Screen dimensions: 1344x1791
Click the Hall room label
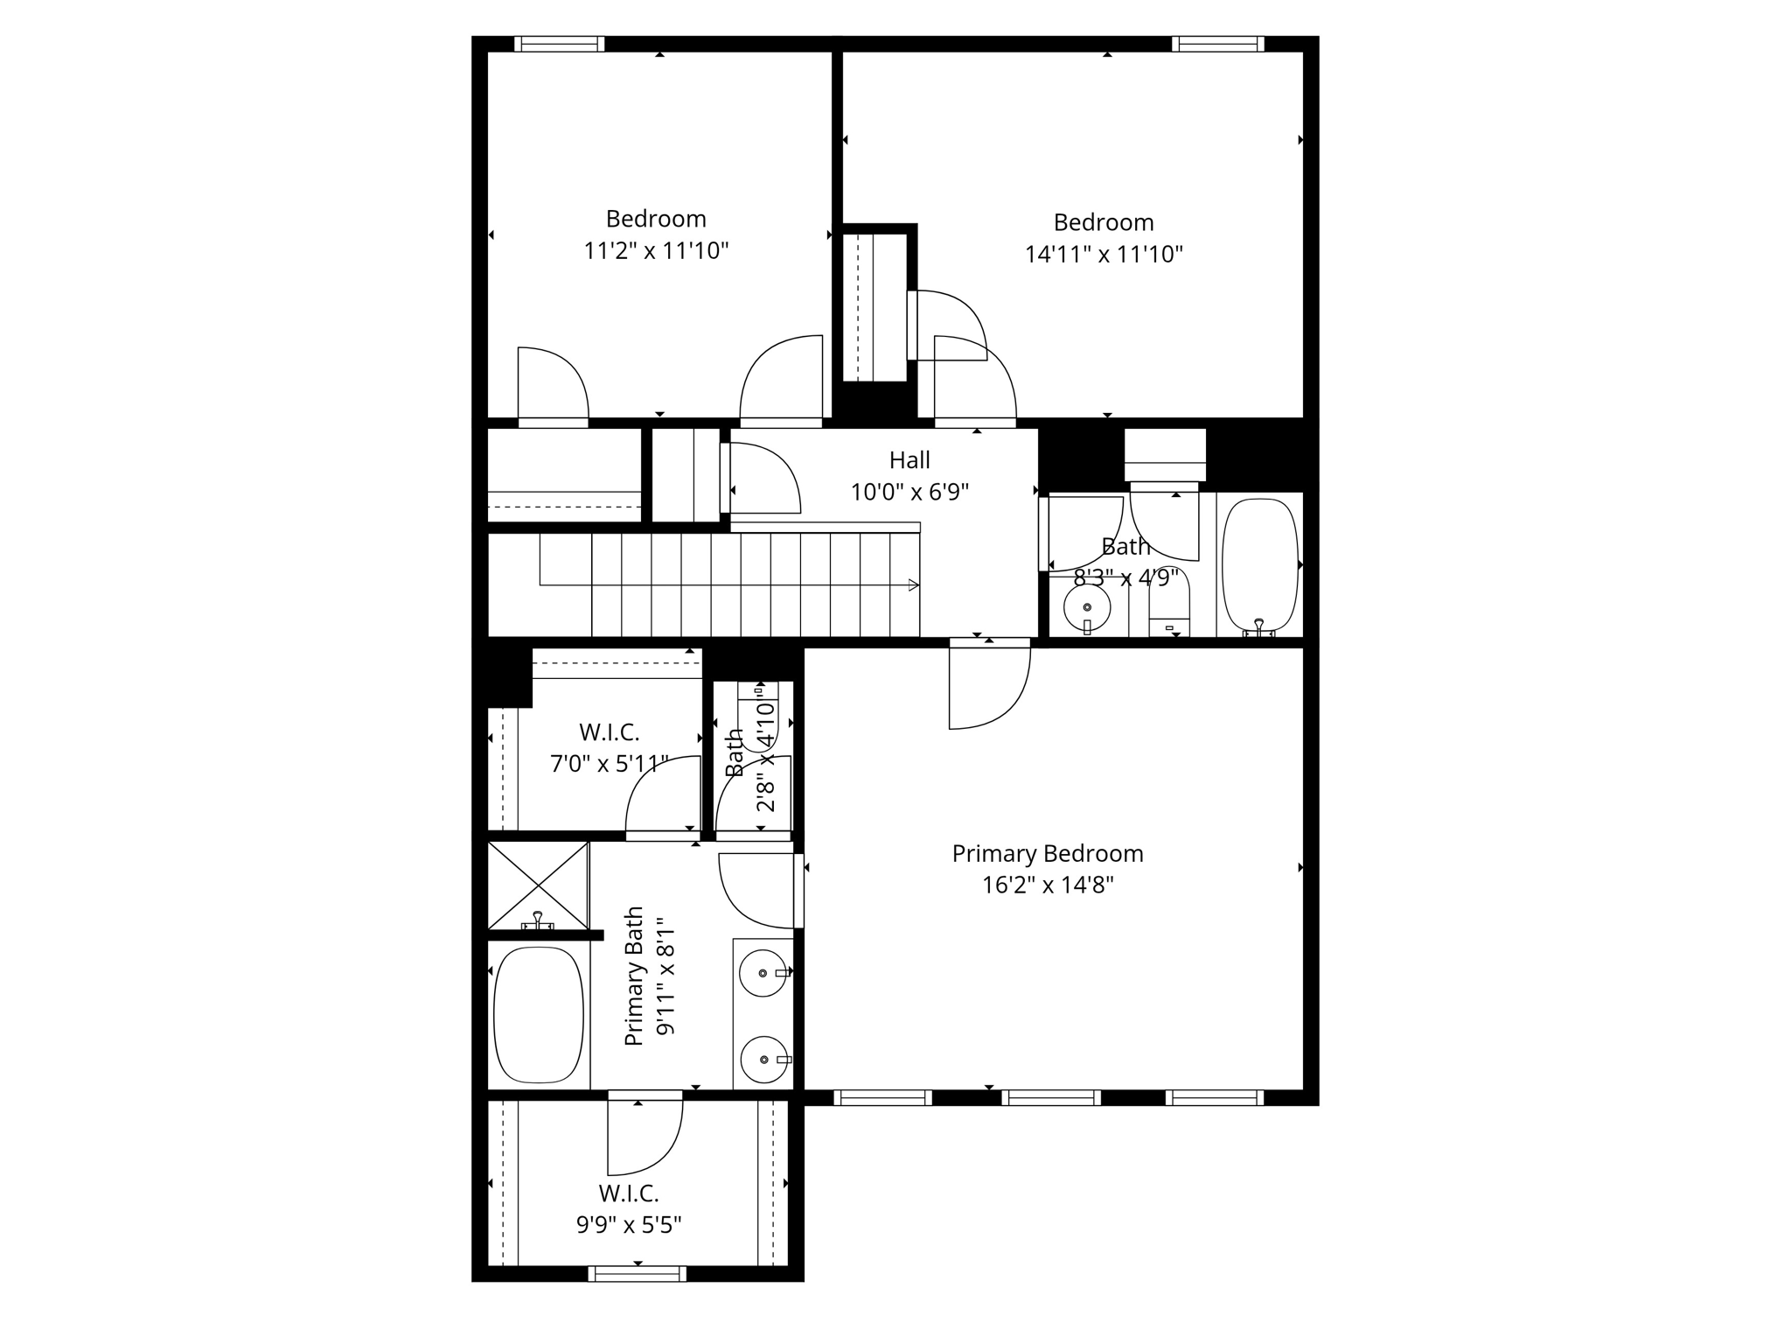tap(909, 460)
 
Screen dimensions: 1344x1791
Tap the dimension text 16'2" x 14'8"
tap(1048, 885)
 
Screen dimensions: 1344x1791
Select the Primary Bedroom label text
tap(1048, 853)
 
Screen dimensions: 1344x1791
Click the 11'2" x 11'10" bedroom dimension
tap(656, 252)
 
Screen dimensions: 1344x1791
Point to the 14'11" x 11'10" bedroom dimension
tap(1104, 255)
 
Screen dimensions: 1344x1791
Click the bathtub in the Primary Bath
tap(538, 1014)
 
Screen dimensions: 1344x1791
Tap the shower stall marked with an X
tap(538, 885)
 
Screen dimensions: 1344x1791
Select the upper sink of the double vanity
tap(763, 973)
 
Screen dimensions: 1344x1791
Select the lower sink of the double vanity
tap(763, 1059)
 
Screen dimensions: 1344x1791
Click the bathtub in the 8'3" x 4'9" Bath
tap(1259, 564)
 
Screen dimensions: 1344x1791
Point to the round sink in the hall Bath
tap(1087, 607)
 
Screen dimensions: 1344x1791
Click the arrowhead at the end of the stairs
tap(914, 585)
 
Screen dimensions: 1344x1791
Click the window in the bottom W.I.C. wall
tap(638, 1273)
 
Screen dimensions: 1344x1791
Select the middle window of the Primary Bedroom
tap(1050, 1097)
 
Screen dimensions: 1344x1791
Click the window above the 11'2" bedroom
tap(560, 44)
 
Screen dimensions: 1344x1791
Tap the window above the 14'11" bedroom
tap(1217, 44)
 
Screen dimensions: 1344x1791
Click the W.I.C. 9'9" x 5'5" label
tap(629, 1208)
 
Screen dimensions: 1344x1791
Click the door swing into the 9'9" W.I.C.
tap(645, 1137)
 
